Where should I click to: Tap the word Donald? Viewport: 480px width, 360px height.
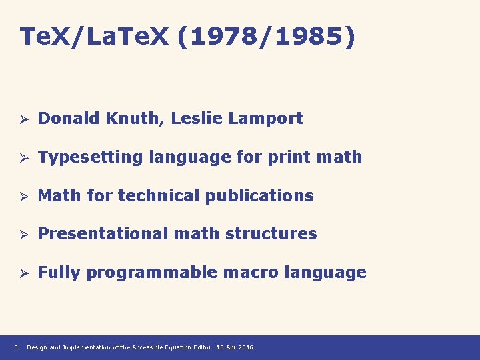point(67,119)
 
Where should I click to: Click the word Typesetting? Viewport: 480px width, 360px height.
point(91,158)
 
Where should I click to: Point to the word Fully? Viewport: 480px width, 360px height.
point(59,273)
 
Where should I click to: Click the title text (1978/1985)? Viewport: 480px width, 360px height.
point(267,37)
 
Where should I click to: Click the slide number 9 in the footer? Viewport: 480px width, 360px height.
point(15,347)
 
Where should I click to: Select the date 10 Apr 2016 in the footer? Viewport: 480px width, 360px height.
point(235,347)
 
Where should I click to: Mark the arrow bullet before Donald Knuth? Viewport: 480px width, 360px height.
point(23,119)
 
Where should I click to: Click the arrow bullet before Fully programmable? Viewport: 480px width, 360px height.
point(23,273)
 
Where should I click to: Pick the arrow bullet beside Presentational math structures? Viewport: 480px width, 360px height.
point(23,234)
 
